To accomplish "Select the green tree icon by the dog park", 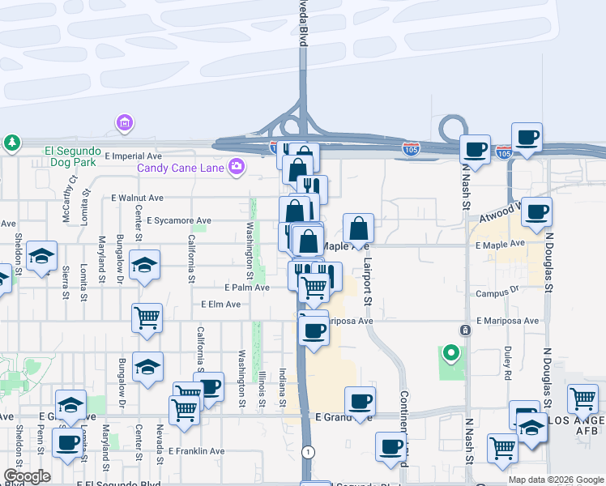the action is tap(12, 144).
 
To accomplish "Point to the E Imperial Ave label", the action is tap(134, 156).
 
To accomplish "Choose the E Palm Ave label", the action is tap(246, 288).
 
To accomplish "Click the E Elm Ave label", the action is tap(221, 305).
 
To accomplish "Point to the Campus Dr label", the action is tap(497, 294).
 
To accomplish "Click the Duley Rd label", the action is tap(507, 363).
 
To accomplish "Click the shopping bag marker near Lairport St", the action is tap(358, 228).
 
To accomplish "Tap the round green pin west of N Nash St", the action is tap(450, 354).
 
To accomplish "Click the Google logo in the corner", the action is tap(26, 476).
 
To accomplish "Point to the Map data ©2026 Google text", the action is tap(555, 480).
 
